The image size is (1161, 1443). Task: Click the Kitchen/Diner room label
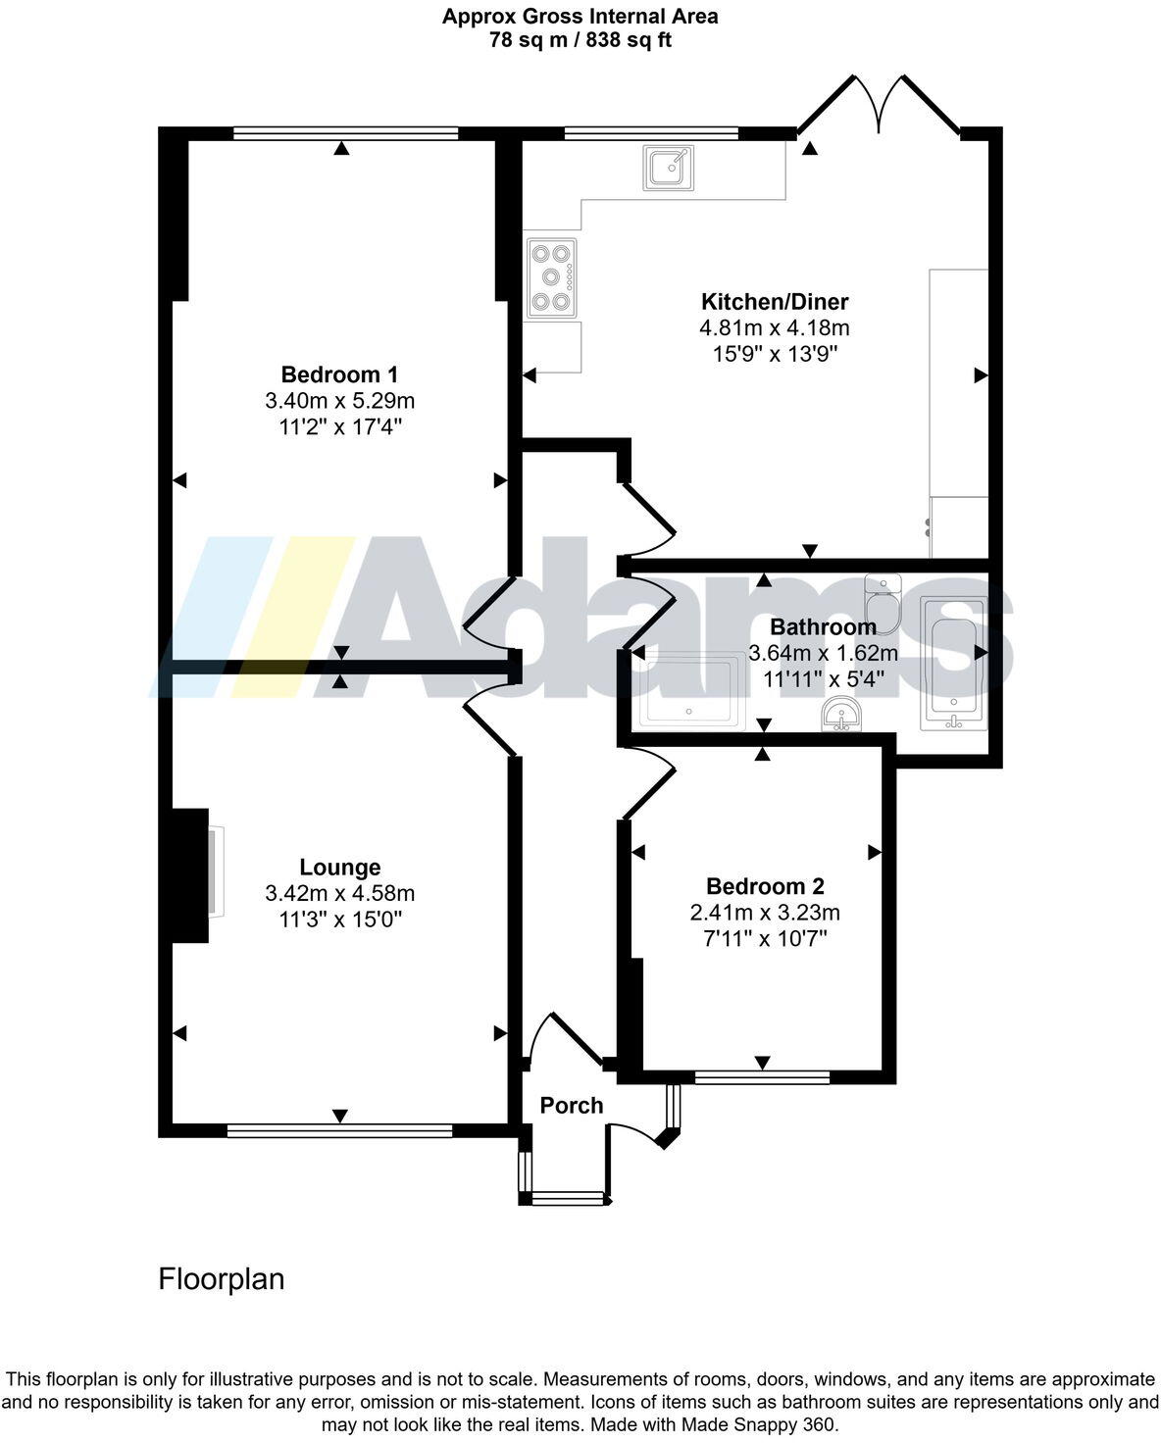click(774, 301)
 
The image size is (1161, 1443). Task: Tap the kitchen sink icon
click(670, 167)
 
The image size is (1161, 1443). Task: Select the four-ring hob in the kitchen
click(551, 277)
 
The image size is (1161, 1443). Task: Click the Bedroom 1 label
click(339, 374)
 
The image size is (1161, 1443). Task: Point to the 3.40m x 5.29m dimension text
click(339, 401)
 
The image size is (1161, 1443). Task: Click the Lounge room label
click(339, 868)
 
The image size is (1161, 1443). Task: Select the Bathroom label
click(822, 626)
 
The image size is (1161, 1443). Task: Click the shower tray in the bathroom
click(689, 692)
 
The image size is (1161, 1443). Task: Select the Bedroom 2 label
click(765, 887)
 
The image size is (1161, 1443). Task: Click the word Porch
click(571, 1106)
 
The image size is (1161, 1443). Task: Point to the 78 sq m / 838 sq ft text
click(580, 40)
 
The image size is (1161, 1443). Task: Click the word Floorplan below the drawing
click(222, 1279)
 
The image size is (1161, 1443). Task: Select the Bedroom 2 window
click(762, 1077)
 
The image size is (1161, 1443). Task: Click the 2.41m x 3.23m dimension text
click(765, 913)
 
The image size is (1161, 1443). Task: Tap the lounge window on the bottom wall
click(339, 1130)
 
